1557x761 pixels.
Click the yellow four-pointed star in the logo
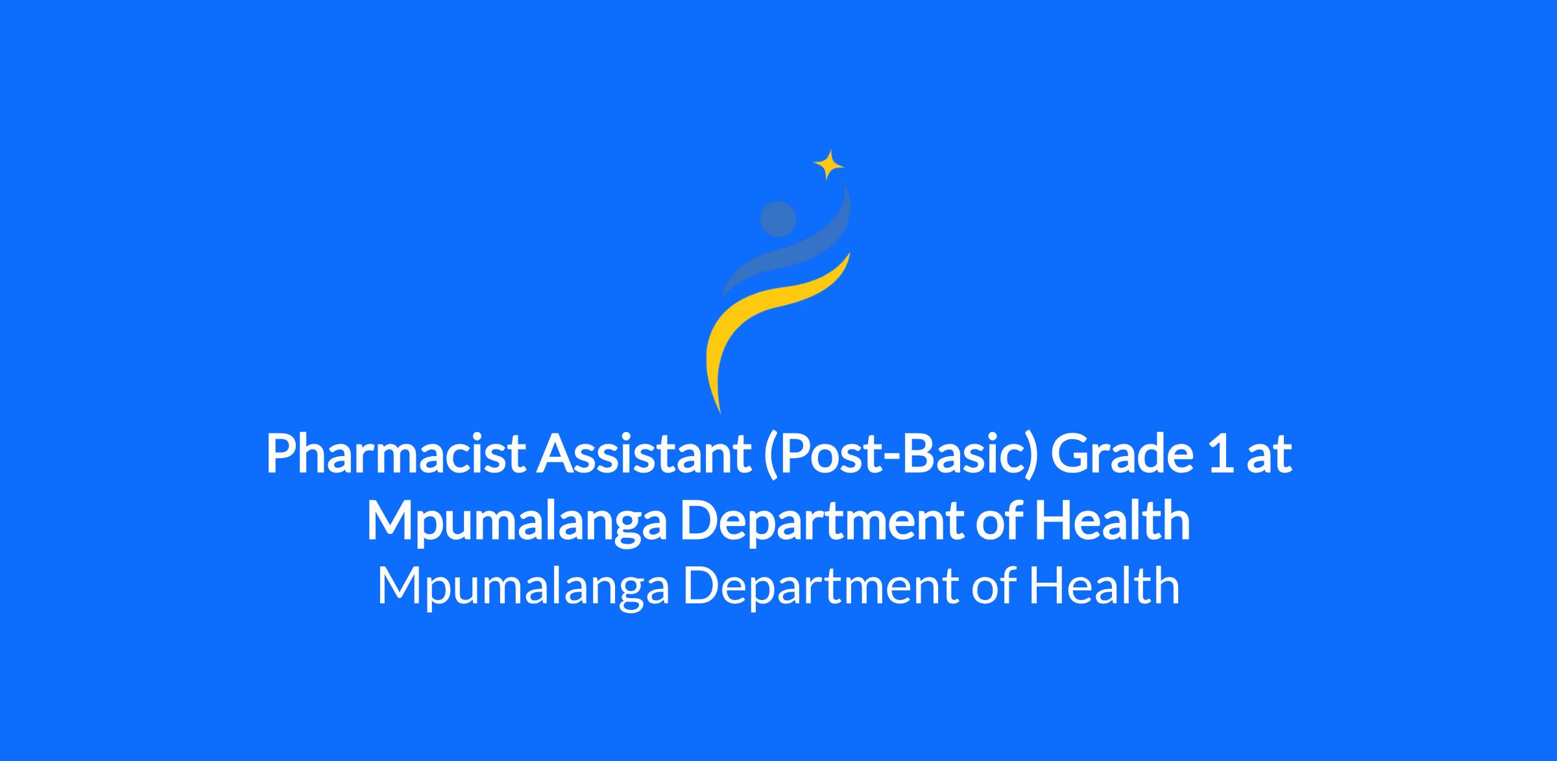click(828, 165)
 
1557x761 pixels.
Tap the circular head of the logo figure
click(778, 219)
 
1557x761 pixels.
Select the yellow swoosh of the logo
click(766, 324)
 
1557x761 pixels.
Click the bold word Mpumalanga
click(516, 522)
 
